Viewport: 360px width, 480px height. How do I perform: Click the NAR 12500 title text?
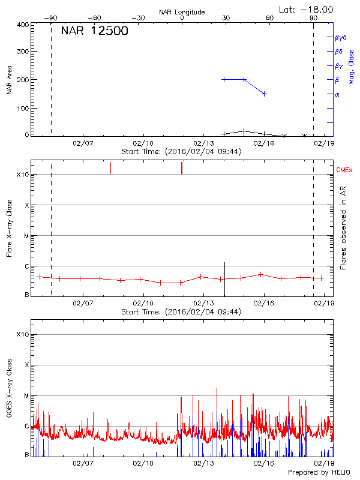pos(94,31)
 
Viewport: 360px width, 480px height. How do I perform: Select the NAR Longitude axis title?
pos(182,12)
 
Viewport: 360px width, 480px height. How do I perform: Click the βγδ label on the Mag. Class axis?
pos(340,37)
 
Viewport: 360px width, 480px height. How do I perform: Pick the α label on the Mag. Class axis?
pos(337,95)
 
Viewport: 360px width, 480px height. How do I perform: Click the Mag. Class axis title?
pos(351,67)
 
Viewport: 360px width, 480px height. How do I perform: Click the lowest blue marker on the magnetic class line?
pos(264,94)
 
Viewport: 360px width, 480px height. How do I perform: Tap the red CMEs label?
pos(345,171)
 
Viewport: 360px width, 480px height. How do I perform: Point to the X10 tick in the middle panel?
pos(22,175)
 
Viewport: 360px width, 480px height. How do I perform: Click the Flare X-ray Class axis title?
pos(10,227)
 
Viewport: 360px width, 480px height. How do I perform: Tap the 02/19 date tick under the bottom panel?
pos(325,464)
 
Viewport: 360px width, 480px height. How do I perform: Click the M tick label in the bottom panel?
pos(26,395)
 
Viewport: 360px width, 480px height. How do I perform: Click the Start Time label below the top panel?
pos(181,152)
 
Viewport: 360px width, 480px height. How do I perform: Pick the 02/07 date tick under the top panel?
pos(83,144)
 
